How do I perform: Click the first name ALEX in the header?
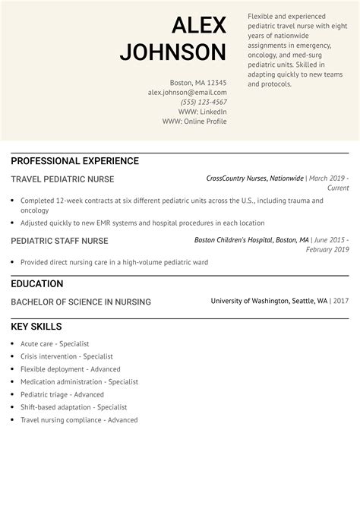tap(199, 25)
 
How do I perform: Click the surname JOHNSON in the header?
tap(173, 52)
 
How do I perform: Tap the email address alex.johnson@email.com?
tap(187, 92)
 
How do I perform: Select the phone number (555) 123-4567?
tap(204, 102)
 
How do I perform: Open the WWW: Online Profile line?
tap(194, 122)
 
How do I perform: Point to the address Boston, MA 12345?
tap(197, 82)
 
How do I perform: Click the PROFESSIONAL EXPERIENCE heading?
tap(74, 161)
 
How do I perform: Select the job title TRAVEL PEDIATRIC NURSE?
tap(62, 179)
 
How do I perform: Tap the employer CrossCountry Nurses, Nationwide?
tap(254, 179)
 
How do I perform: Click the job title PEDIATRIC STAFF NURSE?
tap(59, 241)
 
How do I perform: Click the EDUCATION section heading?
tap(36, 283)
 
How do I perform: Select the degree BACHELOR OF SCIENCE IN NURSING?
tap(81, 302)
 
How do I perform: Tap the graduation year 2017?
tap(340, 302)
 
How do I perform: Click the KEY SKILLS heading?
tap(37, 327)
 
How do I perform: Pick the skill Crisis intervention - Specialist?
tap(67, 356)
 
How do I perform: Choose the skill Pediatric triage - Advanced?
tap(62, 394)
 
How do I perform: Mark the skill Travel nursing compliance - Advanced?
tap(79, 420)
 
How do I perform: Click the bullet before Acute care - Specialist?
tap(13, 343)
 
